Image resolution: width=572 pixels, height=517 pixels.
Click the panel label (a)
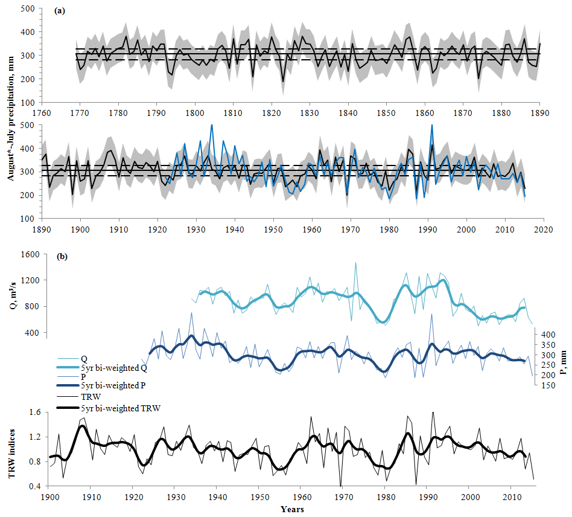click(x=60, y=11)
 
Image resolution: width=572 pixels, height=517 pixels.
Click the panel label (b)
click(x=62, y=256)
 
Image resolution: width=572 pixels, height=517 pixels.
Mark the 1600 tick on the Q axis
click(x=31, y=254)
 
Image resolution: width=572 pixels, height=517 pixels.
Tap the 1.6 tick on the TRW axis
click(x=34, y=412)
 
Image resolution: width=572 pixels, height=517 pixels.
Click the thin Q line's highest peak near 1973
click(x=355, y=263)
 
